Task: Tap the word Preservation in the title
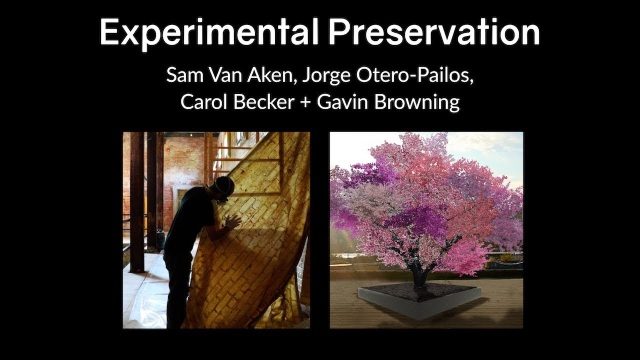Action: click(x=434, y=33)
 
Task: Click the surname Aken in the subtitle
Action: click(x=256, y=75)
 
